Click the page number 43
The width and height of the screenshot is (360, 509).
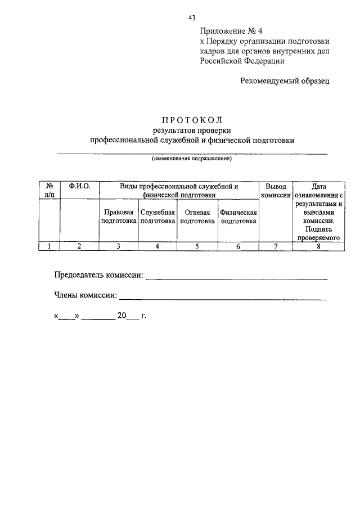pyautogui.click(x=192, y=18)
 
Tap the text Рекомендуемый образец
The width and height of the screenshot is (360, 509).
pyautogui.click(x=285, y=81)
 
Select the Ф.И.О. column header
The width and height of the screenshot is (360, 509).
pyautogui.click(x=79, y=186)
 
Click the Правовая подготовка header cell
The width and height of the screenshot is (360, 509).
pyautogui.click(x=119, y=217)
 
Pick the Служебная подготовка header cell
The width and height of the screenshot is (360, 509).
pyautogui.click(x=158, y=217)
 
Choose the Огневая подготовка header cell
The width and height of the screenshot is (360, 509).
pyautogui.click(x=197, y=217)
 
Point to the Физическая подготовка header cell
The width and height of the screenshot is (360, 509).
pyautogui.click(x=238, y=217)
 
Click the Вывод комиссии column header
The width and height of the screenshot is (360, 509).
pyautogui.click(x=275, y=191)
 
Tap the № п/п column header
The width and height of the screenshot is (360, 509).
pyautogui.click(x=49, y=190)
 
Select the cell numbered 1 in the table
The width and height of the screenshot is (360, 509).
pyautogui.click(x=49, y=246)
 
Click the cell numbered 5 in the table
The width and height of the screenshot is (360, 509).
pyautogui.click(x=197, y=246)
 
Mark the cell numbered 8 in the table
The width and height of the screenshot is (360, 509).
pyautogui.click(x=318, y=246)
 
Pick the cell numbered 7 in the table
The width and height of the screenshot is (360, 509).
pyautogui.click(x=275, y=246)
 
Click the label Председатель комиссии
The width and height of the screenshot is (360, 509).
pyautogui.click(x=98, y=276)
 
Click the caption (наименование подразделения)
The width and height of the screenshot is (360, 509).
pyautogui.click(x=191, y=159)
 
